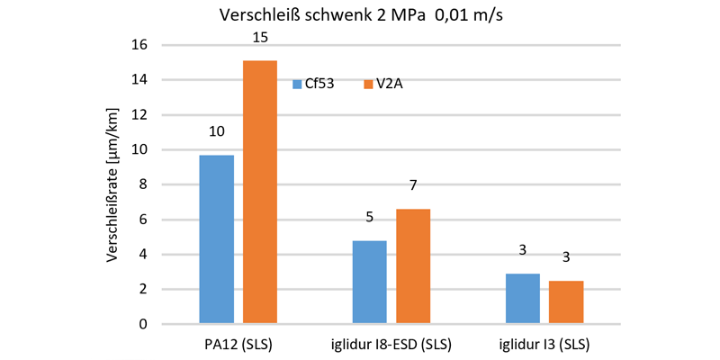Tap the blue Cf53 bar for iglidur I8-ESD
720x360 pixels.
pos(369,282)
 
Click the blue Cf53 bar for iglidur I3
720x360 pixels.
pos(523,298)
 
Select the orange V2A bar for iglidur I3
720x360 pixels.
pos(567,301)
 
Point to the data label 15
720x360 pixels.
pos(260,40)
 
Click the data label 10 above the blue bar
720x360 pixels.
pos(216,131)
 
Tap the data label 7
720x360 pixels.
pos(413,185)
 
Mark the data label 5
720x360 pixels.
pos(369,217)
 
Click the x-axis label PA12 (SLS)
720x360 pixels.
pos(238,345)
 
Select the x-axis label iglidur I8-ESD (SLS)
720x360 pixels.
pos(391,345)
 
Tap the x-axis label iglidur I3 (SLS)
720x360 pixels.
pos(544,345)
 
